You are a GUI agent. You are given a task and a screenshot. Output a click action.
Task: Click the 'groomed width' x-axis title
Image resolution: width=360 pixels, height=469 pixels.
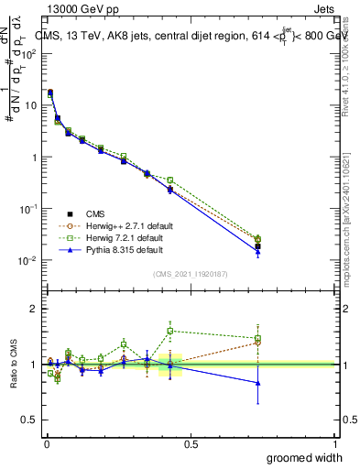pyautogui.click(x=305, y=457)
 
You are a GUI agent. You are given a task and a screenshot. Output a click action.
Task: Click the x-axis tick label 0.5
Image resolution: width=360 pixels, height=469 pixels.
pyautogui.click(x=191, y=444)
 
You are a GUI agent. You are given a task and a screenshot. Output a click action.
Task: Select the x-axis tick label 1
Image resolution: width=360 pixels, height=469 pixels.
pyautogui.click(x=334, y=444)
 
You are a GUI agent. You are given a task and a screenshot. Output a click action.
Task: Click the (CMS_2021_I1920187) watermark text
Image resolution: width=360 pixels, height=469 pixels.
pyautogui.click(x=190, y=273)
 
